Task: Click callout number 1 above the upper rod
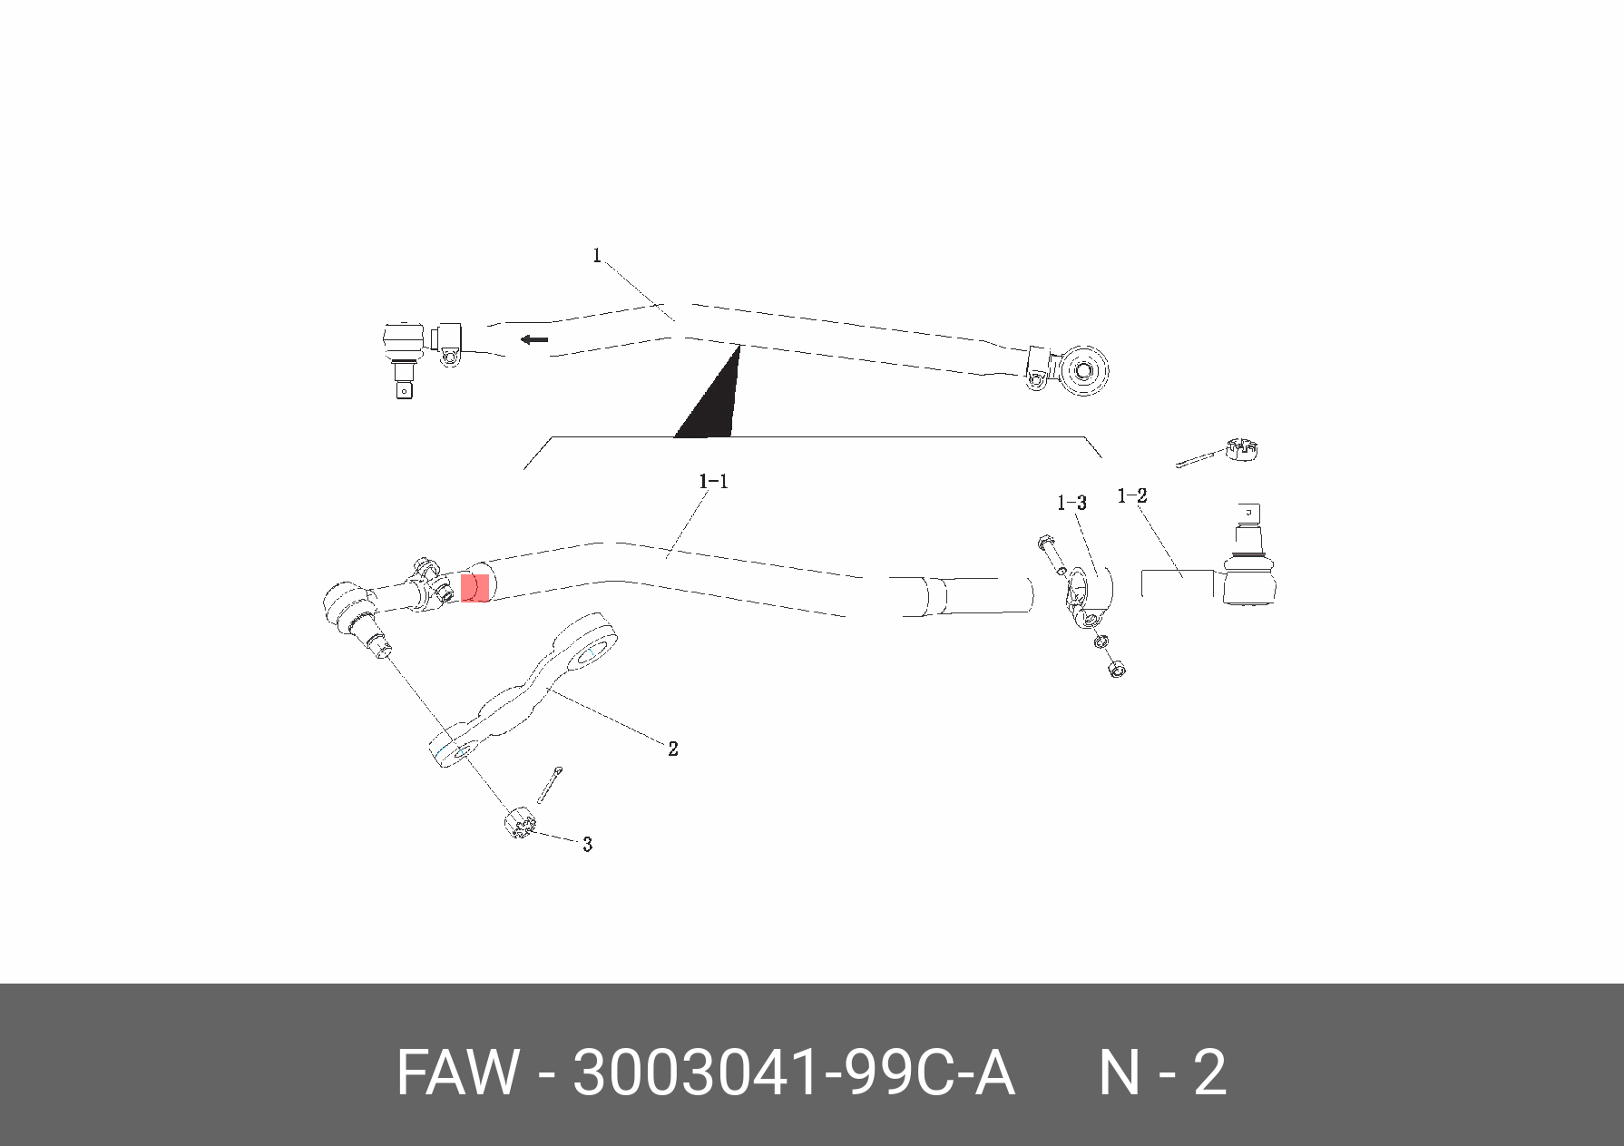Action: coord(597,256)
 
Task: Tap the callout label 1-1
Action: coord(713,482)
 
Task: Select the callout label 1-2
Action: coord(1131,496)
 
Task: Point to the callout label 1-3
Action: coord(1071,503)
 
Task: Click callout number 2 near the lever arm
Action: coord(672,749)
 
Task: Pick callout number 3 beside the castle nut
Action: coord(587,845)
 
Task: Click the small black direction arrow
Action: coord(534,339)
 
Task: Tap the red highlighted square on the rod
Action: coord(475,588)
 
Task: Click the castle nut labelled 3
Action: coord(519,822)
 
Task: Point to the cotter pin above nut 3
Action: coord(549,784)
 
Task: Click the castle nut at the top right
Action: coord(1242,449)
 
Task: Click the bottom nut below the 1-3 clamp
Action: coord(1117,671)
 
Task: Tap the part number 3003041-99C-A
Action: coord(793,1073)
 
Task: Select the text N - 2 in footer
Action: coord(1162,1073)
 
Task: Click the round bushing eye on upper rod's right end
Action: coord(1083,370)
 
